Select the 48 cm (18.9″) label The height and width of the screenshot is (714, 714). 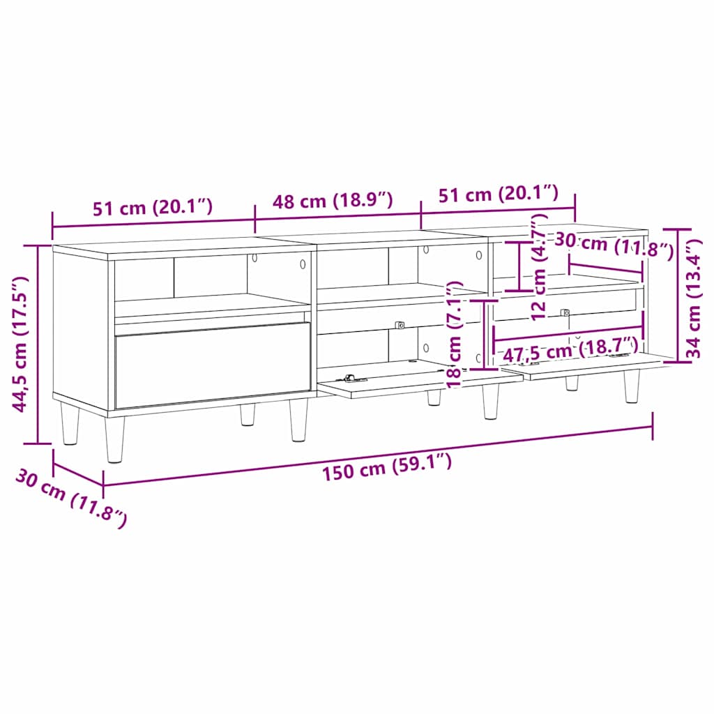tap(333, 202)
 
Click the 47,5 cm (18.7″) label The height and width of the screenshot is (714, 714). tap(570, 353)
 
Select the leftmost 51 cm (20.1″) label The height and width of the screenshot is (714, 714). tap(152, 207)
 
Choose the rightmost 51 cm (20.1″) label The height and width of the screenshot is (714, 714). tap(498, 194)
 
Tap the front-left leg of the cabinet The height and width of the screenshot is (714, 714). tap(116, 439)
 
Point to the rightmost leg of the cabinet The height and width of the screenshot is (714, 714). tap(632, 386)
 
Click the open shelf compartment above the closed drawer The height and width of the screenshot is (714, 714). tap(209, 286)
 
